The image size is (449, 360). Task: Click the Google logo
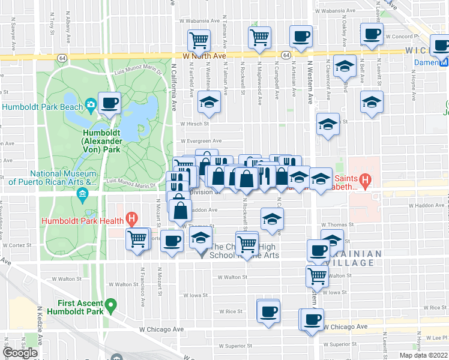[20, 353]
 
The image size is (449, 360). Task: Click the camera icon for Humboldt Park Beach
[90, 106]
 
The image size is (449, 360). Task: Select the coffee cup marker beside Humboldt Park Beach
[109, 103]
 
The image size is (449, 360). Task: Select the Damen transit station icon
[444, 62]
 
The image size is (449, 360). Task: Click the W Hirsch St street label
[193, 125]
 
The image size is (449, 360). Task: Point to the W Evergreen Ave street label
[200, 141]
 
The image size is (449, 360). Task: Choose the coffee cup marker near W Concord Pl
[372, 34]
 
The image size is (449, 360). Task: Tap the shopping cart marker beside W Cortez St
[137, 238]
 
